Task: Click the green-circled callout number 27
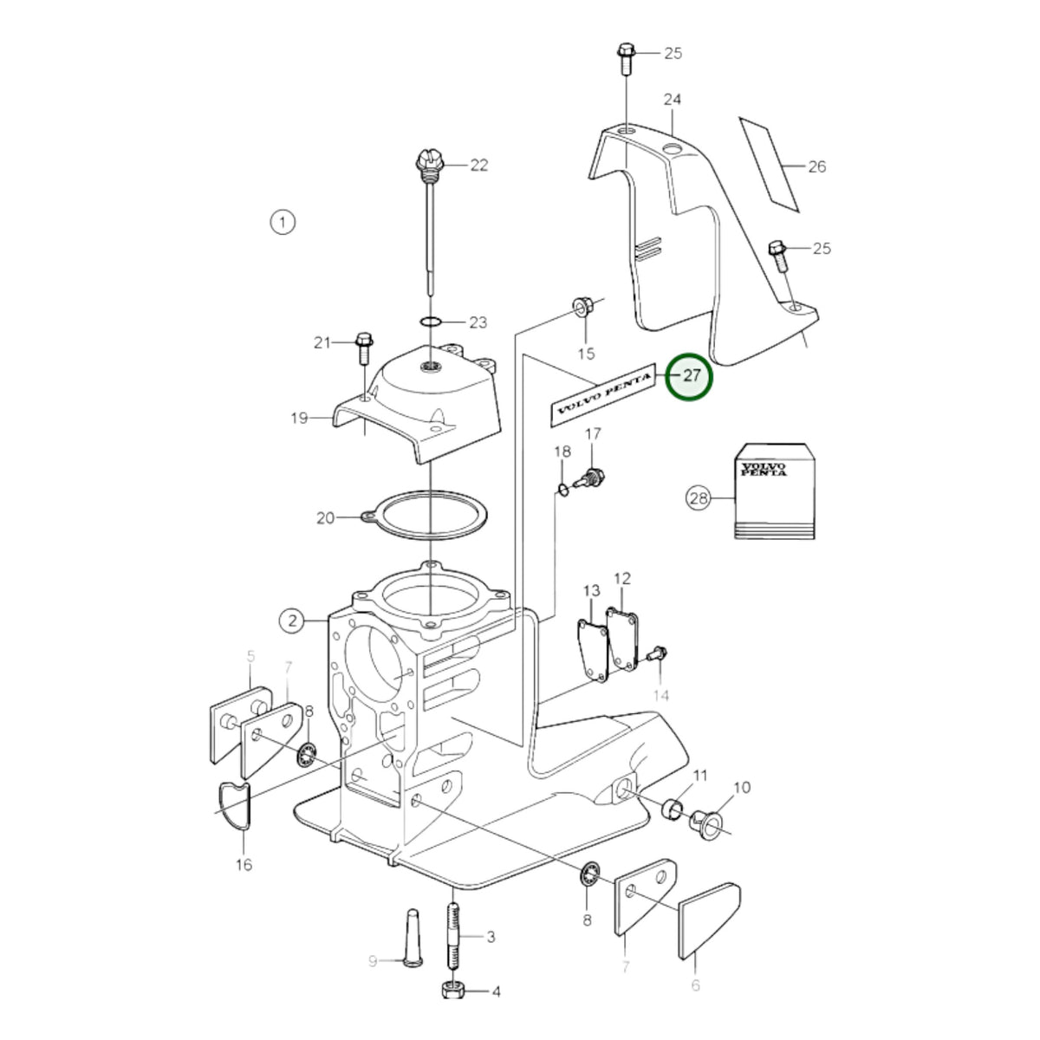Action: tap(689, 377)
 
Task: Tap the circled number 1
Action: tap(283, 222)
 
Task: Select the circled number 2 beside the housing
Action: tap(292, 621)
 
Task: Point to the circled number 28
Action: tap(699, 497)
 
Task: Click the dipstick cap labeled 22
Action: tap(430, 163)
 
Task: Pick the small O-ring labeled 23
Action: tap(431, 322)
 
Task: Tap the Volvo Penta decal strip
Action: tap(602, 395)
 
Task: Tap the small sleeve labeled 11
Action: tap(673, 809)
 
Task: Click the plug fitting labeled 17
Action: tap(589, 478)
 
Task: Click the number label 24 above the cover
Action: tap(673, 100)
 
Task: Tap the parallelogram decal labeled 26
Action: tap(769, 164)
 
